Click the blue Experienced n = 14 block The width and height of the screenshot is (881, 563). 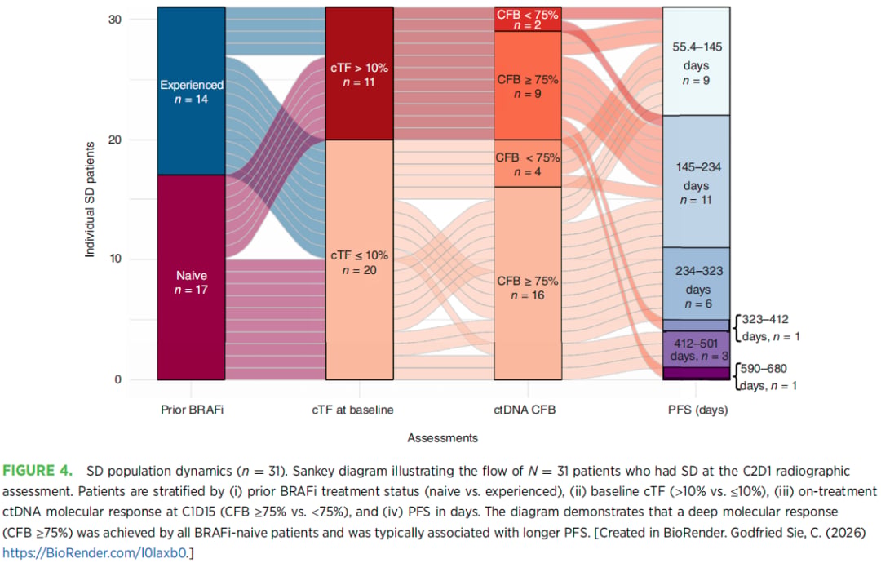point(191,91)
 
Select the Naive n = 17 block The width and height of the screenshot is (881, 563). point(191,277)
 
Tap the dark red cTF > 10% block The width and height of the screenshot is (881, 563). point(360,73)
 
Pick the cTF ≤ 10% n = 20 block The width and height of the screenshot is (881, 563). point(360,259)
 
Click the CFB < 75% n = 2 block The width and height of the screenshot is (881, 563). point(528,19)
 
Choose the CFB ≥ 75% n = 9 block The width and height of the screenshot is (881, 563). point(528,86)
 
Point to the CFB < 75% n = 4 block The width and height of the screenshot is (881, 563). point(528,163)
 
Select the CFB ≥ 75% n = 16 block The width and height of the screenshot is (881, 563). point(528,284)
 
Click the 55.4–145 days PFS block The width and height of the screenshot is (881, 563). point(696,61)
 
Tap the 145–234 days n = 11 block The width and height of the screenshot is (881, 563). point(696,181)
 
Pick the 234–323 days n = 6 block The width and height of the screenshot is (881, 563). point(696,284)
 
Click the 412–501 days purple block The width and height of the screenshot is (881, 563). point(696,349)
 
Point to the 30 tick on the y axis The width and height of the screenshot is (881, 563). point(115,20)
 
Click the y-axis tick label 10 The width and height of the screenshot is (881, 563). point(115,259)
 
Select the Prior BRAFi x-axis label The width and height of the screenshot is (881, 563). point(192,410)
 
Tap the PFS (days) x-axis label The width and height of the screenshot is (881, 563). point(697,410)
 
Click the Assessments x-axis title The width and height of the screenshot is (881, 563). point(443,438)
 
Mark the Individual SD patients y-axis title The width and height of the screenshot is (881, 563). point(90,199)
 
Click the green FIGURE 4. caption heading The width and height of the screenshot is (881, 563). point(38,471)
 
